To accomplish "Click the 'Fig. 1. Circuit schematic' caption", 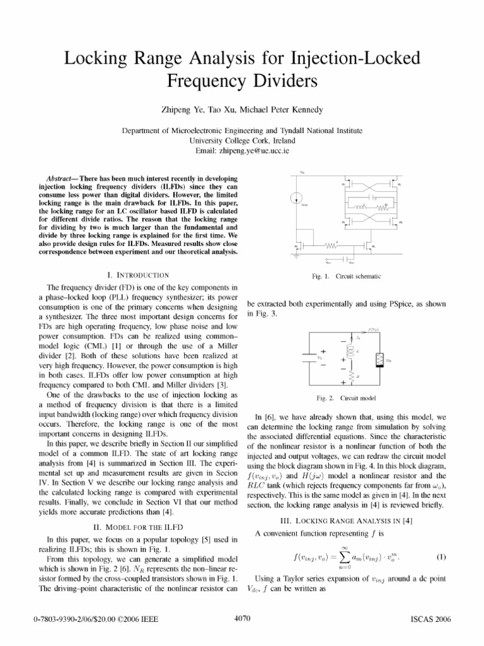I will [350, 276].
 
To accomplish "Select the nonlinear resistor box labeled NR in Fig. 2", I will [379, 360].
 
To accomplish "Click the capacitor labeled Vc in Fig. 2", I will [309, 357].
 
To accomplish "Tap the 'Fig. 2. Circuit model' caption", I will [350, 399].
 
